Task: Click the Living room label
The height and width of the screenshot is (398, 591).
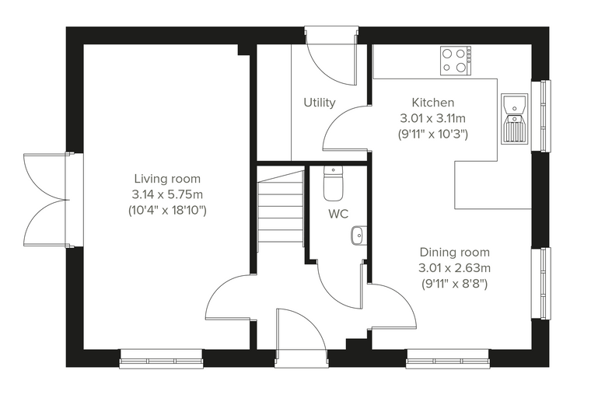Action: click(167, 178)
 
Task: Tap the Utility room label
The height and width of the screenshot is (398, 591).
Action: click(320, 103)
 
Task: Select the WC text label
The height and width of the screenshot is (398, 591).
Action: click(338, 214)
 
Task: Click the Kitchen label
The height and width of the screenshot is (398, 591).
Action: click(432, 102)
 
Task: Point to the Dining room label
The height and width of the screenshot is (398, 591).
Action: click(455, 252)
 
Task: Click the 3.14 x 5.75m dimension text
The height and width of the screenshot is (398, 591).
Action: click(167, 194)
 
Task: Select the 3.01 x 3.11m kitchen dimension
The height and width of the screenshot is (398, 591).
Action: click(432, 118)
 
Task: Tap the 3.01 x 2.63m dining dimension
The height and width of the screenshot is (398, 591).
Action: click(455, 268)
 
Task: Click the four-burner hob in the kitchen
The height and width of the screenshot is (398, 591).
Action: click(456, 61)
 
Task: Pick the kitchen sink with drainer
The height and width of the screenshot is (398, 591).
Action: click(515, 119)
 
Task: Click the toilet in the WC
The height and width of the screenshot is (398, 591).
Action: click(333, 183)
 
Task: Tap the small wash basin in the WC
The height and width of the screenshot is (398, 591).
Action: click(358, 236)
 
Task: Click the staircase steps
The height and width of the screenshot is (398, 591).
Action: click(281, 211)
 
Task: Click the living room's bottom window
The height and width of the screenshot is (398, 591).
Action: click(161, 358)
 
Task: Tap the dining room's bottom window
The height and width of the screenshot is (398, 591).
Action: click(448, 358)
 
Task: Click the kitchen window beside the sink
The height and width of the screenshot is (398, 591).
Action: click(541, 116)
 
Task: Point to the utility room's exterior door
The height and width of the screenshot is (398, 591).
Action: click(332, 57)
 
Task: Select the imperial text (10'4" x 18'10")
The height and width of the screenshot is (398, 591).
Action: click(167, 211)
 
